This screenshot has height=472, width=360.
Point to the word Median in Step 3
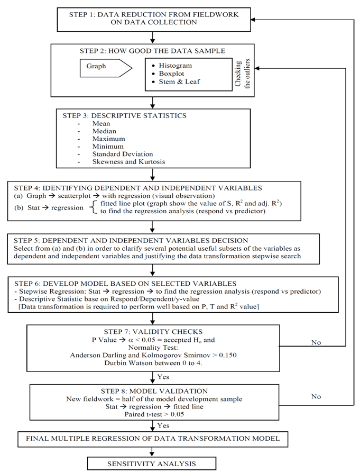104,131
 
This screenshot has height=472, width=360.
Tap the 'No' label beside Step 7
316,342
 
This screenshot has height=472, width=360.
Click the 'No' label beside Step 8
316,396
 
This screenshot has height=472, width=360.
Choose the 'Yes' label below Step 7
163,376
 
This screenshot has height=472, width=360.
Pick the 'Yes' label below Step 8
163,425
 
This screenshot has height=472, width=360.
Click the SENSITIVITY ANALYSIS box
152,464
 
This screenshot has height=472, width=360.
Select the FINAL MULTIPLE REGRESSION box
152,438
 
